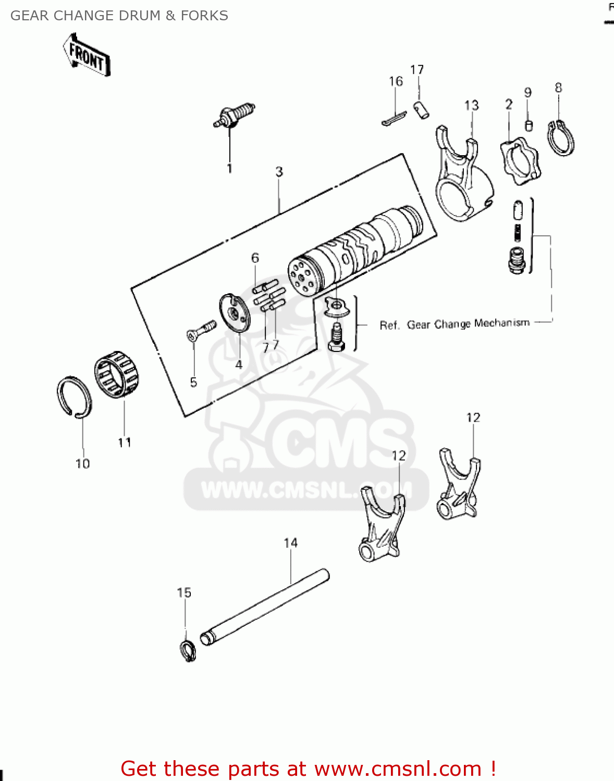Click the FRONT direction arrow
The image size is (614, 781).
[x=87, y=55]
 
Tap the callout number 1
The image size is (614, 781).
[x=229, y=168]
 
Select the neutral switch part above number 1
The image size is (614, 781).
[x=234, y=115]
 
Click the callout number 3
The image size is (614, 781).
[x=279, y=171]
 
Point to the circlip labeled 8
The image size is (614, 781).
[x=561, y=138]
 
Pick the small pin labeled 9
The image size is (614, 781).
[x=529, y=125]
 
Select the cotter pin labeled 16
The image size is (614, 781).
[x=394, y=120]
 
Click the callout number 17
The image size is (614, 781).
[x=417, y=70]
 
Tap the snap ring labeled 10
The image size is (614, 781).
[x=74, y=396]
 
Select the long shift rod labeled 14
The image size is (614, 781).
[x=265, y=607]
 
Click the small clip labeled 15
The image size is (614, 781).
[x=188, y=650]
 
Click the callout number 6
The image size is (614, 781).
[x=255, y=258]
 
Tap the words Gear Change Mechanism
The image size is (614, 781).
[x=468, y=324]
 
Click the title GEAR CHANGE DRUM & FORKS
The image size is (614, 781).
[x=119, y=16]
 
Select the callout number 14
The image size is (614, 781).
[x=290, y=543]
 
